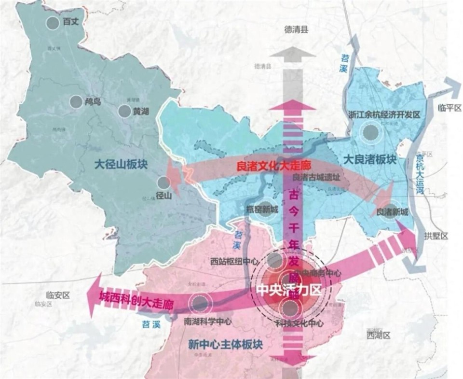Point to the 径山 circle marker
click(x=164, y=183)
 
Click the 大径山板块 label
click(x=122, y=165)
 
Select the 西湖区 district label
click(x=378, y=335)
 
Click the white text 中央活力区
click(x=287, y=291)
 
